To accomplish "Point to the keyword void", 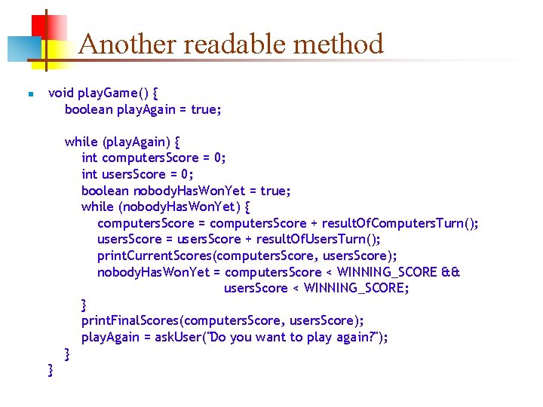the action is point(61,93).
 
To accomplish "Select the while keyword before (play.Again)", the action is point(81,142).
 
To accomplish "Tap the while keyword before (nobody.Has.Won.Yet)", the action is point(98,207).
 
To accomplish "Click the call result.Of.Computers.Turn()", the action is point(400,223).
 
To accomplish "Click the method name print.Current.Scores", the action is point(153,256).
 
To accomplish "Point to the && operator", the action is point(451,272).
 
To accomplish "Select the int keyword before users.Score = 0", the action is point(90,174).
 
